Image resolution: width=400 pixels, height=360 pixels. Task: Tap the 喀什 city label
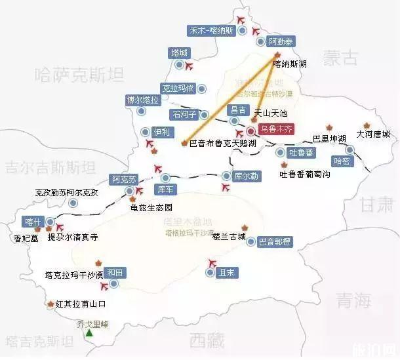[x=31, y=221]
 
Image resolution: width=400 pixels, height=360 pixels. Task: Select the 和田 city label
[x=115, y=272]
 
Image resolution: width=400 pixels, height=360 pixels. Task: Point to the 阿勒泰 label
[x=281, y=41]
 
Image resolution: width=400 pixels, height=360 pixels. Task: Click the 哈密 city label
[x=342, y=160]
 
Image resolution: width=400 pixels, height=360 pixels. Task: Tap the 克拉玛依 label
[x=177, y=87]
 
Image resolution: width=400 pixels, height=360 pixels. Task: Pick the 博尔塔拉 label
[x=143, y=100]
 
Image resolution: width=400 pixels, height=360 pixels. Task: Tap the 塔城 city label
[x=179, y=52]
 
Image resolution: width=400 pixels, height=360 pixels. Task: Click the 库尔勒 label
[x=246, y=176]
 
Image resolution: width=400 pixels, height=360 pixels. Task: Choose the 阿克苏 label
[x=124, y=179]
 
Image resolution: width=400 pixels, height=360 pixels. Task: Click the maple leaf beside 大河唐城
[x=367, y=125]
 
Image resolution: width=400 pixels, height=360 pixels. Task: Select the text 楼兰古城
[x=229, y=235]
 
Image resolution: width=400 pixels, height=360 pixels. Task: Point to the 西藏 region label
[x=207, y=340]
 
